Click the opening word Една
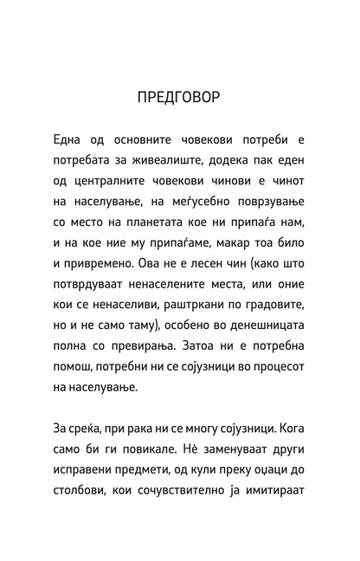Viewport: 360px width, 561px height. pyautogui.click(x=72, y=140)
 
